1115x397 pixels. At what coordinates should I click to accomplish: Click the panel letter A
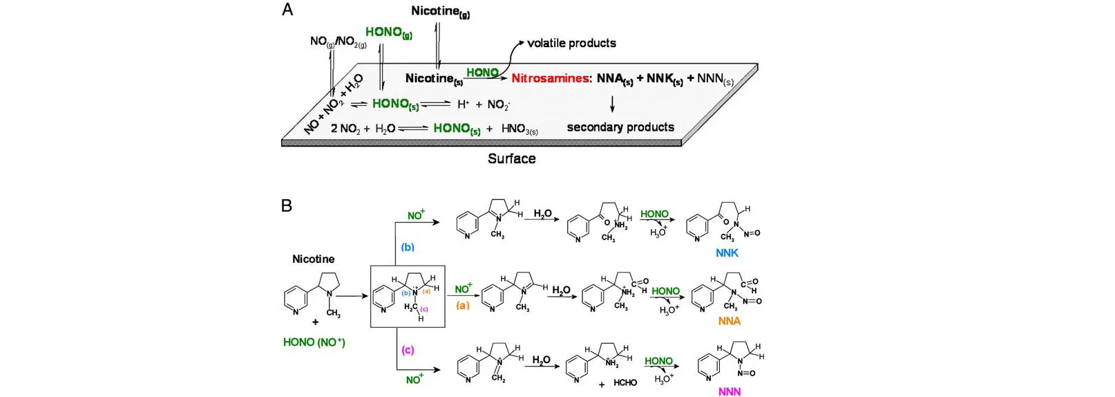coord(287,10)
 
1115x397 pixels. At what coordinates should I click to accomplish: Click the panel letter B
coord(287,205)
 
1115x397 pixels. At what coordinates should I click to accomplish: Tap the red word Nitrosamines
coord(551,78)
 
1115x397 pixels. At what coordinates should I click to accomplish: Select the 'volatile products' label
coord(571,43)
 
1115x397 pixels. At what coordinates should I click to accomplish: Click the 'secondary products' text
coord(620,127)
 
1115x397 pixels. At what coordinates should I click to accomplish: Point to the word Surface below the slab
coord(511,158)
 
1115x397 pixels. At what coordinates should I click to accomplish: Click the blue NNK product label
coord(727,253)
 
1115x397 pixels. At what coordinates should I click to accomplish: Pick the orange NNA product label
coord(729,321)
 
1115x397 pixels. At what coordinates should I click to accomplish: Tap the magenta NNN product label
coord(729,391)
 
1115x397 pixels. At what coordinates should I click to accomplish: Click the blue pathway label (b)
coord(408,247)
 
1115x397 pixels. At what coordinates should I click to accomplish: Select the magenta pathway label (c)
coord(408,350)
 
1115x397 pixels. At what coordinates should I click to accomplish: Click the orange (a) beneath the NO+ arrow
coord(462,305)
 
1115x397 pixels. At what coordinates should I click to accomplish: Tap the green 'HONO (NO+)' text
coord(314,342)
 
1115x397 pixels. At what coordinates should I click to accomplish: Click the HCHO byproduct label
coord(625,382)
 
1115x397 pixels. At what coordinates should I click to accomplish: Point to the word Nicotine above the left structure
coord(313,259)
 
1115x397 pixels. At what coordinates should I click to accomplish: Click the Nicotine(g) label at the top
coord(440,11)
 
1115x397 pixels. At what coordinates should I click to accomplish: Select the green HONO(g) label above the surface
coord(388,32)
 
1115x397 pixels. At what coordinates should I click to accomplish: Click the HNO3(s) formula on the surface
coord(520,129)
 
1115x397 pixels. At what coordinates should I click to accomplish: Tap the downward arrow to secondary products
coord(612,104)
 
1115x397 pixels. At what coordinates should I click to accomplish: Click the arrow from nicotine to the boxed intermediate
coord(353,296)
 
